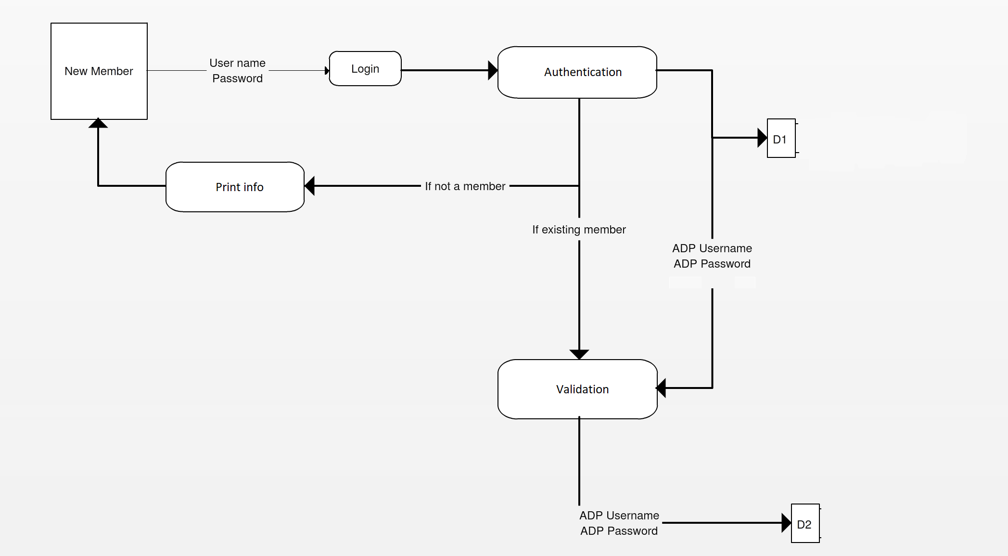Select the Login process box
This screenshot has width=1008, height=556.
click(365, 69)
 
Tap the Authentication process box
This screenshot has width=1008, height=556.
click(577, 72)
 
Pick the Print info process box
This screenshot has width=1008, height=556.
click(235, 187)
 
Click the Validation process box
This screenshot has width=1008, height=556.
click(577, 389)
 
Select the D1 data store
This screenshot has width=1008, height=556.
click(780, 139)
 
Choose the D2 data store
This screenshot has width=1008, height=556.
click(804, 524)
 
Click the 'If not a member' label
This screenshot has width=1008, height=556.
click(465, 186)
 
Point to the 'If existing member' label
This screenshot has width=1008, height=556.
click(579, 230)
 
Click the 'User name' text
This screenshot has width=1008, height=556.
click(237, 63)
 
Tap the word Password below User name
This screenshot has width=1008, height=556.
click(237, 78)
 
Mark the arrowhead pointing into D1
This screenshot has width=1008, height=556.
click(762, 138)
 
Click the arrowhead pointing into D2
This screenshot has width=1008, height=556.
click(786, 523)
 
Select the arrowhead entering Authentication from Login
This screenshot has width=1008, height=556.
click(493, 70)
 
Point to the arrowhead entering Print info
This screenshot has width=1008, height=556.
click(310, 186)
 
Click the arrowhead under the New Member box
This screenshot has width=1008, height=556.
click(98, 123)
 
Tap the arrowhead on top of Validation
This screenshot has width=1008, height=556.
click(579, 354)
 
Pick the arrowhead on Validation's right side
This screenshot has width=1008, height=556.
click(662, 388)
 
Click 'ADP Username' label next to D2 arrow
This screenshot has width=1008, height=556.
click(619, 516)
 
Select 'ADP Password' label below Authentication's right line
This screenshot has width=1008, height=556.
click(712, 264)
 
